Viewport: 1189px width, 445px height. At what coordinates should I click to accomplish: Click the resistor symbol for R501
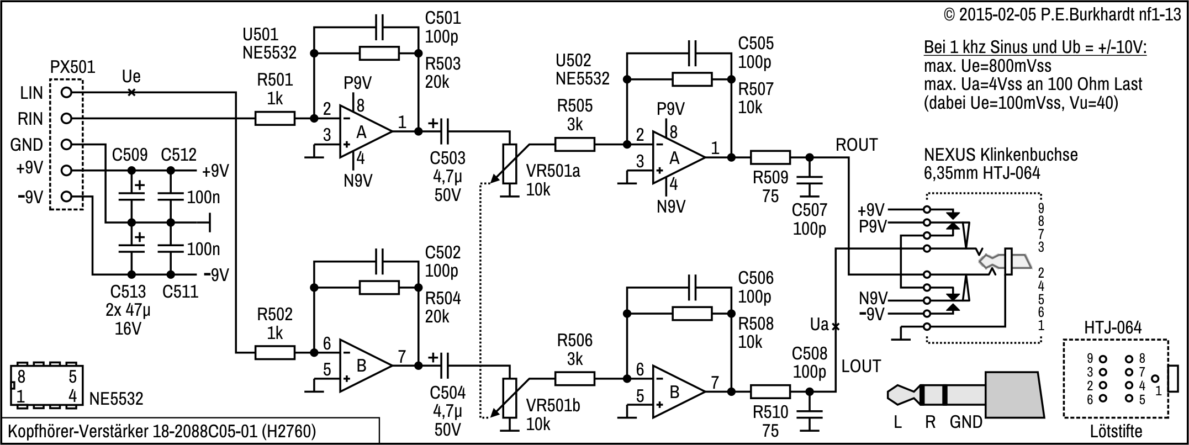click(x=274, y=118)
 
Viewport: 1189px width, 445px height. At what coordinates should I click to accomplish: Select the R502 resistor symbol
click(x=274, y=352)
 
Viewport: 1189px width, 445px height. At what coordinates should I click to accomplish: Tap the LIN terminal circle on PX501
click(x=66, y=92)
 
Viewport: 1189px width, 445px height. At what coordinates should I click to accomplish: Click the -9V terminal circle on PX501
click(x=66, y=197)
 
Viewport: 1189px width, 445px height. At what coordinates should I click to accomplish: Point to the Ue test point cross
click(x=131, y=92)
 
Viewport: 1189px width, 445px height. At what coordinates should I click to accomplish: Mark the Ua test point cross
click(x=836, y=326)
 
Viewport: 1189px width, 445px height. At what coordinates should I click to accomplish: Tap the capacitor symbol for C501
click(x=379, y=27)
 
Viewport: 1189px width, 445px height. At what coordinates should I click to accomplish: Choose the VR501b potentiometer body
click(x=510, y=398)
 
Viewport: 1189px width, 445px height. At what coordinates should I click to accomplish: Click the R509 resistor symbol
click(x=770, y=158)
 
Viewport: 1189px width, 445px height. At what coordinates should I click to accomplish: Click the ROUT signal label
click(x=857, y=145)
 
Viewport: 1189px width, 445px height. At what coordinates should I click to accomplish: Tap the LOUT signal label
click(x=861, y=366)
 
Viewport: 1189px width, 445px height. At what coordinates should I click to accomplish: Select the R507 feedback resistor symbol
click(x=691, y=80)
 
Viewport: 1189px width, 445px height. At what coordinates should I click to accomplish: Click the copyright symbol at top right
click(x=949, y=15)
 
